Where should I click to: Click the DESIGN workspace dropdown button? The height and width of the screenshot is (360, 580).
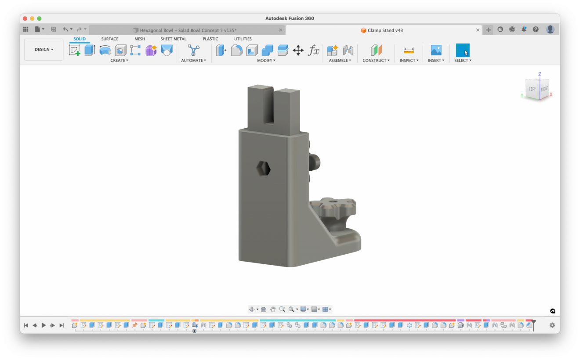44,50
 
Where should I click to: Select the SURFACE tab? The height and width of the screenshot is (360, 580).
110,39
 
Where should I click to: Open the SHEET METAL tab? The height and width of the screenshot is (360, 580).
173,39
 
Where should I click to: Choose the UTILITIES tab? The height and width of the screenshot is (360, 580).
243,39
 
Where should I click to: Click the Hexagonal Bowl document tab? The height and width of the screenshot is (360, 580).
188,30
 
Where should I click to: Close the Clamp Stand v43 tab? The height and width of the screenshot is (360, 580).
478,30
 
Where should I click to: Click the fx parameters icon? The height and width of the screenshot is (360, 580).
313,50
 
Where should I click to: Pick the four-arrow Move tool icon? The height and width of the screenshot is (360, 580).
298,50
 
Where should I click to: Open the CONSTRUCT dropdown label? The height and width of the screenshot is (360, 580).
376,61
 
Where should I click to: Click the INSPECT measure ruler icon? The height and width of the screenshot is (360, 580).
409,50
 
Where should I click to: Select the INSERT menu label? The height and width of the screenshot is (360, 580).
436,61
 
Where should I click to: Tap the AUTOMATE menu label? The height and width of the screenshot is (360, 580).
193,61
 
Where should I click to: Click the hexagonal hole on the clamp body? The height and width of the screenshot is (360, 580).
263,167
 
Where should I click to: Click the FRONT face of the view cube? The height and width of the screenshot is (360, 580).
544,89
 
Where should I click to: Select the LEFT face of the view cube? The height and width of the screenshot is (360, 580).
532,89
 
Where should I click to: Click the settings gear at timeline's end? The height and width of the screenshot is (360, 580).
552,325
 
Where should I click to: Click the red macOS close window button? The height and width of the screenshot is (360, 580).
25,18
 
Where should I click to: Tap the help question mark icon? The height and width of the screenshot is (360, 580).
536,29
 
